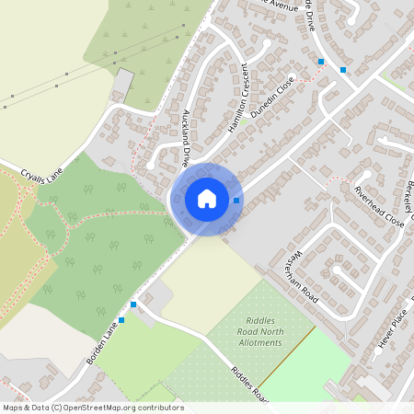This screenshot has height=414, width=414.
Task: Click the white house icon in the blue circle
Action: (x=207, y=199)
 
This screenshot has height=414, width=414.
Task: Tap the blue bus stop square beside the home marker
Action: (x=236, y=200)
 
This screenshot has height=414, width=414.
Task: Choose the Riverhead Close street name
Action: (x=379, y=206)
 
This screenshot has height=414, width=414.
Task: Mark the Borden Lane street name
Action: (x=104, y=342)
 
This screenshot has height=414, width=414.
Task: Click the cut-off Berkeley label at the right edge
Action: (x=406, y=198)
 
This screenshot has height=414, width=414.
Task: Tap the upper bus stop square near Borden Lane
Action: (x=133, y=304)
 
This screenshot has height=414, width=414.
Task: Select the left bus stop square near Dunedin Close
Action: (x=321, y=62)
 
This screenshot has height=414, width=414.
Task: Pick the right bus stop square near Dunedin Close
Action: (x=343, y=69)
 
